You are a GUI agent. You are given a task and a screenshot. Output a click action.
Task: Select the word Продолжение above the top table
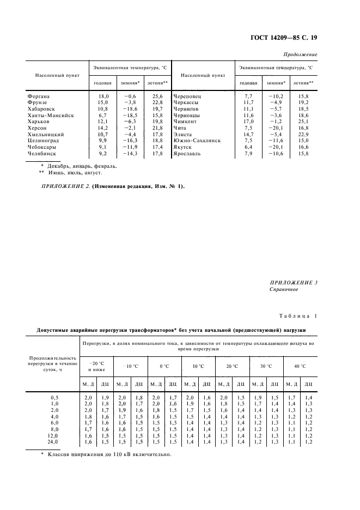pyautogui.click(x=301, y=55)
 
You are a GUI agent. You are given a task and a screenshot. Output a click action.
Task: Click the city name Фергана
pyautogui.click(x=38, y=96)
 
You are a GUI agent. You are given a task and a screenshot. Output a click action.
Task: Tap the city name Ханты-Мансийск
pyautogui.click(x=50, y=116)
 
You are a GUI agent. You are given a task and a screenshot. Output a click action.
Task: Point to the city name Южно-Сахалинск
pyautogui.click(x=197, y=141)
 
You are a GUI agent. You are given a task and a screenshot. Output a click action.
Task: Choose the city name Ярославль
pyautogui.click(x=189, y=154)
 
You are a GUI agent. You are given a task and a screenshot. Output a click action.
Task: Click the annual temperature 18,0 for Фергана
pyautogui.click(x=103, y=96)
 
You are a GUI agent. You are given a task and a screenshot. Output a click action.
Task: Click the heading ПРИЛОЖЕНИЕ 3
pyautogui.click(x=294, y=282)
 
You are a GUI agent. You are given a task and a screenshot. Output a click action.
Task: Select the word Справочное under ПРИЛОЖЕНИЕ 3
pyautogui.click(x=284, y=290)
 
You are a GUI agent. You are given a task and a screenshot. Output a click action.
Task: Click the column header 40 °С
pyautogui.click(x=300, y=367)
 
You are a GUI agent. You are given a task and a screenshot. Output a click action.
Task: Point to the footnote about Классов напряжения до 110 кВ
pyautogui.click(x=109, y=454)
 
